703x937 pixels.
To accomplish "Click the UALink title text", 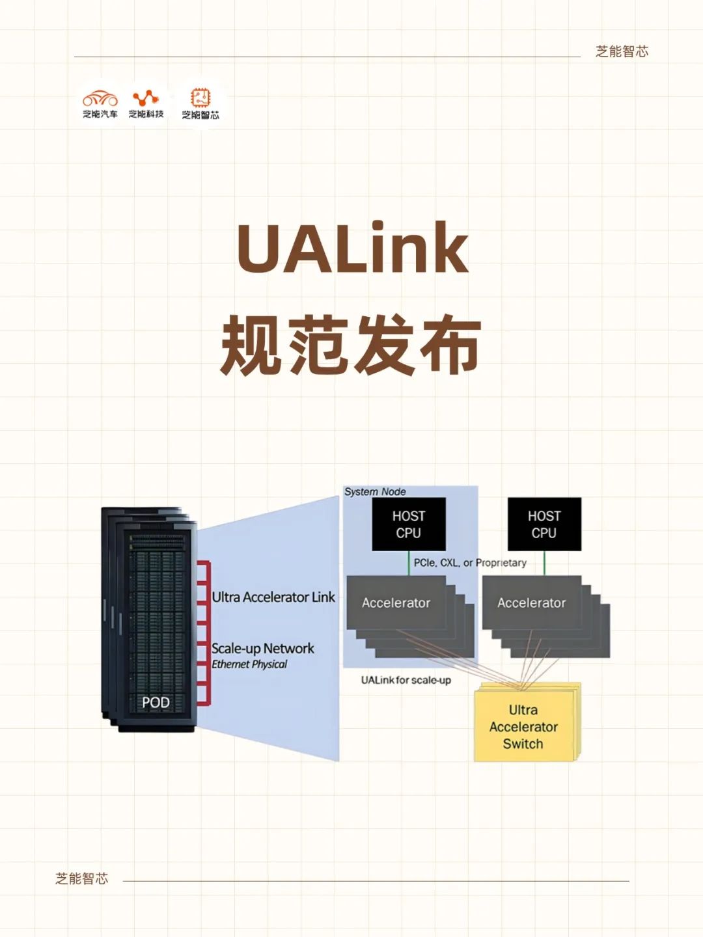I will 352,249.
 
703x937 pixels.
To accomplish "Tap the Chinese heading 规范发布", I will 351,346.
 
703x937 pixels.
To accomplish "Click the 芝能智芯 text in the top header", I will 622,52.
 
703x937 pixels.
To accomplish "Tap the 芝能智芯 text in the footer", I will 82,879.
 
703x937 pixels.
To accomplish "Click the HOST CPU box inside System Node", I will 409,524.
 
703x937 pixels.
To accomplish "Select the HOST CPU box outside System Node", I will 544,524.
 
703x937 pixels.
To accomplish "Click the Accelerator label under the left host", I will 396,603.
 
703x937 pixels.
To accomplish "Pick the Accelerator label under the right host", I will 531,603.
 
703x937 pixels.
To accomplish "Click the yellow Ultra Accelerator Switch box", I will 524,727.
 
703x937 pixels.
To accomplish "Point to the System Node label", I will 375,492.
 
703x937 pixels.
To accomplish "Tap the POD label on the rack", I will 156,703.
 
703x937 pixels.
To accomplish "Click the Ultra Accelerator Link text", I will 273,597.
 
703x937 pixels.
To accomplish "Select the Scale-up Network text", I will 262,649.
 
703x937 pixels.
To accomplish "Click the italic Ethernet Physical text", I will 249,664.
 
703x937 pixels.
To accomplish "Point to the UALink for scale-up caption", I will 406,680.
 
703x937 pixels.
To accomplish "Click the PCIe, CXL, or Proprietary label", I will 470,563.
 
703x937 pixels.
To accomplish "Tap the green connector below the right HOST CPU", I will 544,563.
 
